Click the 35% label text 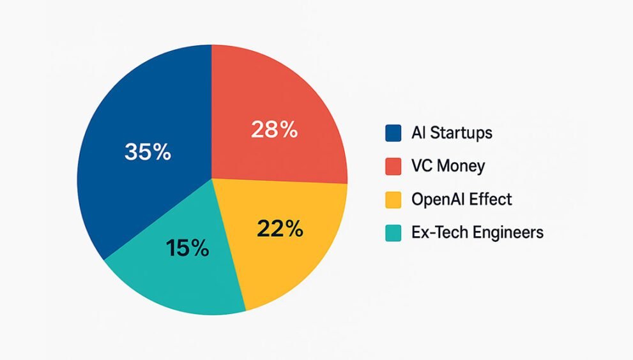[x=148, y=152]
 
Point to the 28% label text [x=275, y=130]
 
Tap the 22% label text [x=280, y=229]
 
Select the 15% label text [x=187, y=248]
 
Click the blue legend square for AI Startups [x=393, y=133]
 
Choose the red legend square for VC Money [x=393, y=167]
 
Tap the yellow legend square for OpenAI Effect [x=393, y=199]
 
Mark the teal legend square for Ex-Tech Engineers [x=393, y=233]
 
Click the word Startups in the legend [x=461, y=133]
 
